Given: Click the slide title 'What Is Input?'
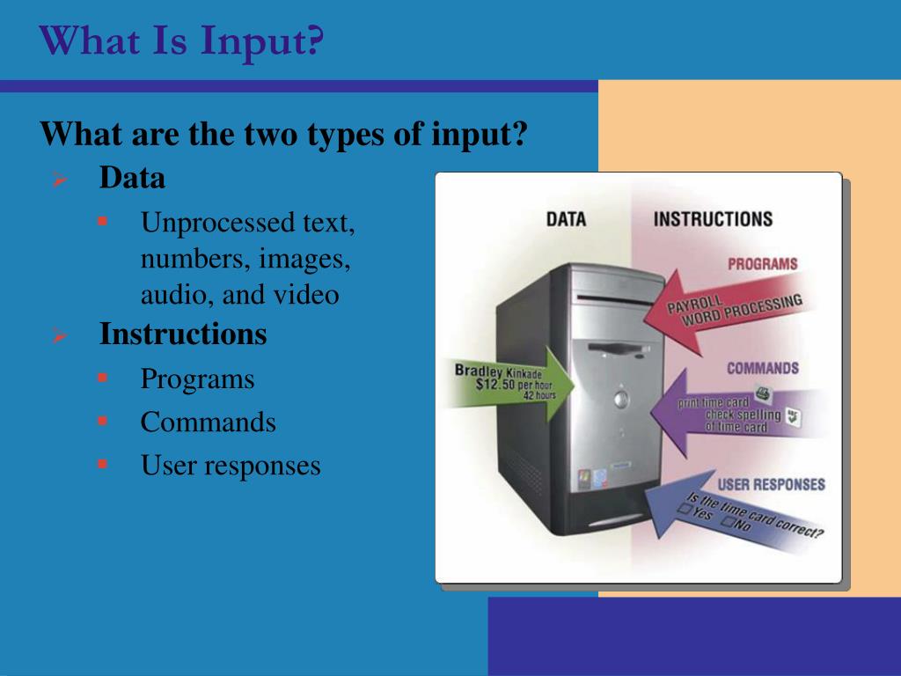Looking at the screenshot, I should click(x=181, y=41).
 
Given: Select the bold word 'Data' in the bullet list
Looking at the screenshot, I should click(x=132, y=179).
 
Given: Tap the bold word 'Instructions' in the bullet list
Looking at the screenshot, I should click(x=182, y=334).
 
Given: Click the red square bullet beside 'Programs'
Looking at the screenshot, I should click(x=102, y=378).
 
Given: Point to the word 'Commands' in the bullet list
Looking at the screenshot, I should click(x=208, y=422).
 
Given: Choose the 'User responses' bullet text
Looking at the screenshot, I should click(x=231, y=466).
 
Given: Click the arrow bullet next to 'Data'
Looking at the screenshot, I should click(x=59, y=180).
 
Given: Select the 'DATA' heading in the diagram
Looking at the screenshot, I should click(x=566, y=219).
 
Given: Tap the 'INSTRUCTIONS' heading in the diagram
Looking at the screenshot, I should click(x=713, y=219).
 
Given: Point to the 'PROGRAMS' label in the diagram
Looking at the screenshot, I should click(x=762, y=264).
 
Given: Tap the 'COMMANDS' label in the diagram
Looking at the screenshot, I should click(x=762, y=368).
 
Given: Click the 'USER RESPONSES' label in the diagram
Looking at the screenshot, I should click(x=771, y=484).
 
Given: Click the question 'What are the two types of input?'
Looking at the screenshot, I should click(x=283, y=135).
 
